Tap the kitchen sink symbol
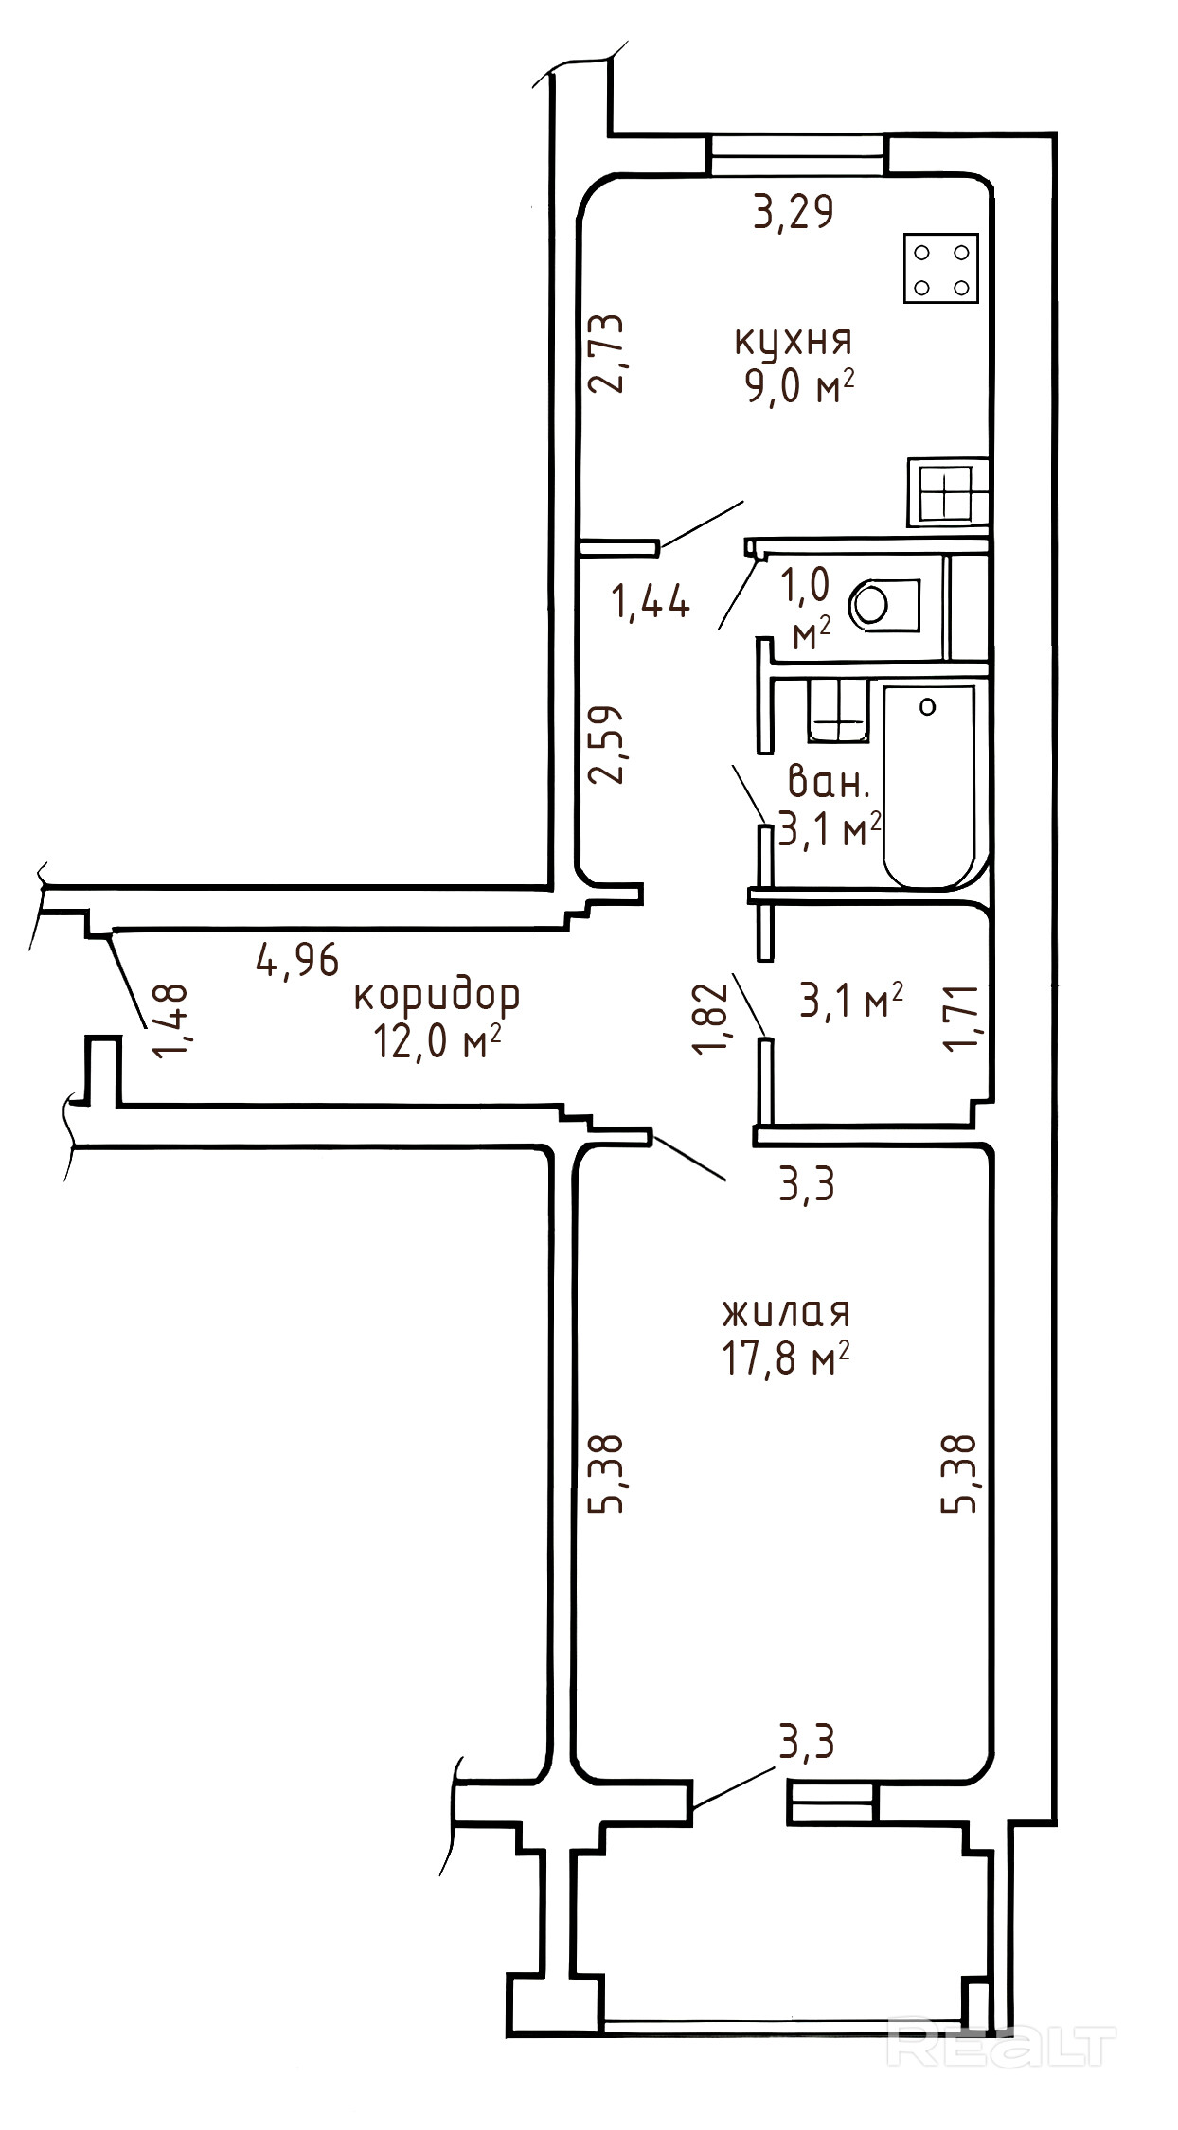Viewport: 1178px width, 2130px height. (x=948, y=492)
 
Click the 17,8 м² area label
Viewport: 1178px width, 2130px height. (x=786, y=1361)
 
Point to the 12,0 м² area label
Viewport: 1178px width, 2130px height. (x=437, y=1043)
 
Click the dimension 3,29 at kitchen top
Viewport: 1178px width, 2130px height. (x=794, y=211)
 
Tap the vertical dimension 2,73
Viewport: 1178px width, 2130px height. (x=607, y=354)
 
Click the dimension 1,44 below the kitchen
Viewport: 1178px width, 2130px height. (x=651, y=602)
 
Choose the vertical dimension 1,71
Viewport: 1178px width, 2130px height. (x=962, y=1017)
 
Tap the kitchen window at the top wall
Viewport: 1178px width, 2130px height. (x=798, y=154)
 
